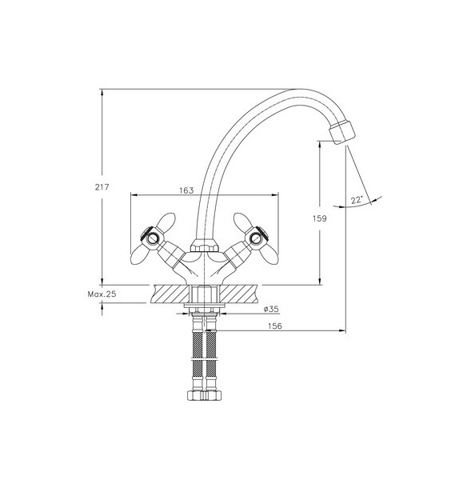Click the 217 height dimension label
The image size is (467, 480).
[102, 186]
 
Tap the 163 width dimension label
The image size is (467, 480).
[186, 190]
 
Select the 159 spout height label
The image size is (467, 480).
[320, 218]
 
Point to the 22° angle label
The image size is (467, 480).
[357, 200]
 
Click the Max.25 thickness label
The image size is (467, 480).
[102, 294]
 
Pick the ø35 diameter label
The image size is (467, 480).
[271, 309]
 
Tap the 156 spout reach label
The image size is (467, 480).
[275, 326]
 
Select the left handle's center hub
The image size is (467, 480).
[152, 238]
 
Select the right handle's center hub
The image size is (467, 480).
[256, 238]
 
